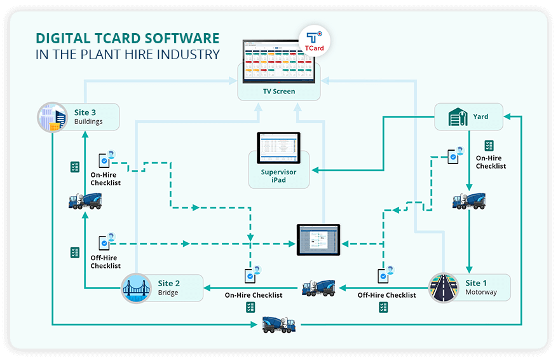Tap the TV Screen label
[279, 92]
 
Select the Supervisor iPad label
[278, 176]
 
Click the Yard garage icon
[457, 117]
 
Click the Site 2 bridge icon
[136, 288]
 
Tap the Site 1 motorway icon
[443, 288]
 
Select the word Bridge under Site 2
[168, 293]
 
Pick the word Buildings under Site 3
[88, 121]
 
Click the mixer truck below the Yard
[468, 201]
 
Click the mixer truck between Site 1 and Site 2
[318, 287]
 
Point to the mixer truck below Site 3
[85, 201]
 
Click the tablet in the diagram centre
[318, 240]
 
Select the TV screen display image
[279, 61]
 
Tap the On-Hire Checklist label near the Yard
[491, 162]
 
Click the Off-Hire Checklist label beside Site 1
[386, 295]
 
